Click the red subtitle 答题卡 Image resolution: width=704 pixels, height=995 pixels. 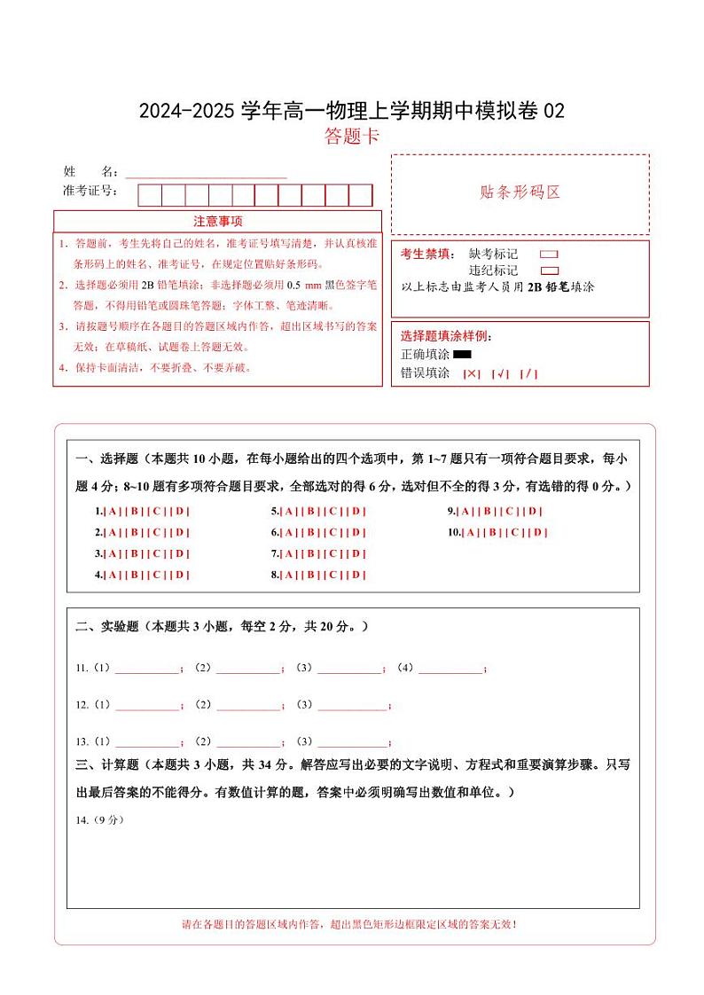point(352,137)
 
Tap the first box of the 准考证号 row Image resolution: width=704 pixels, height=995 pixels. point(149,195)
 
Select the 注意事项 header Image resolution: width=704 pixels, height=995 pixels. point(218,221)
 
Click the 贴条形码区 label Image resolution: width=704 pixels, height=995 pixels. point(520,192)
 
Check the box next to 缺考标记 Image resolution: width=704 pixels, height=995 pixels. point(549,255)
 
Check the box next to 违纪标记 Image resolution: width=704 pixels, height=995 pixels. point(549,270)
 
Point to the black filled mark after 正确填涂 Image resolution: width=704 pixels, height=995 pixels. point(461,355)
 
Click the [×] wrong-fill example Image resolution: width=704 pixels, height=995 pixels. point(472,373)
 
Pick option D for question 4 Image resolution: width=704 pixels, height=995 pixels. point(180,575)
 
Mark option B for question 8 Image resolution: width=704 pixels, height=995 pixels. point(311,575)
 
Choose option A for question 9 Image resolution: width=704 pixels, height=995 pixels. point(466,511)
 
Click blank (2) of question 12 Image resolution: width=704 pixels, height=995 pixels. point(247,707)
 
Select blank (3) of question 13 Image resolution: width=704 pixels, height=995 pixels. point(352,743)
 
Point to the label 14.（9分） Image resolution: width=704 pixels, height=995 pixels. point(99,819)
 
